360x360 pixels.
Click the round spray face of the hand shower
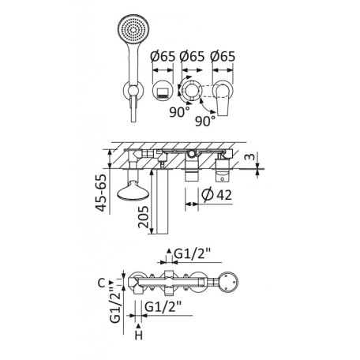[133, 28]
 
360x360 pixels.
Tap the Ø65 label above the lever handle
[223, 56]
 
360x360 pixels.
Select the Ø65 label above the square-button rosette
[163, 56]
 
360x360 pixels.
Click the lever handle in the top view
[223, 99]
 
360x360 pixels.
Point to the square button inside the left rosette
[163, 92]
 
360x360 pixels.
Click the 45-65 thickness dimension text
[102, 193]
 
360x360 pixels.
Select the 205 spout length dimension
[144, 217]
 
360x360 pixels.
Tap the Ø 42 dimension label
[216, 195]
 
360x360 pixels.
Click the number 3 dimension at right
[250, 157]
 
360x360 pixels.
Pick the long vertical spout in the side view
[162, 202]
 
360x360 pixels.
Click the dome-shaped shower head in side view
[133, 190]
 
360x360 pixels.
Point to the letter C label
[102, 283]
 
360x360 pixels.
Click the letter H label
[139, 336]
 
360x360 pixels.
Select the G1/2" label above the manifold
[193, 254]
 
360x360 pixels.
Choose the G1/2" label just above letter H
[163, 306]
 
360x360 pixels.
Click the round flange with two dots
[228, 282]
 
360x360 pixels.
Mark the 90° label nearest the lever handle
[205, 121]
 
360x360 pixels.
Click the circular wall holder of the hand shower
[133, 90]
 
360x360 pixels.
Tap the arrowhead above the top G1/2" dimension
[169, 250]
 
